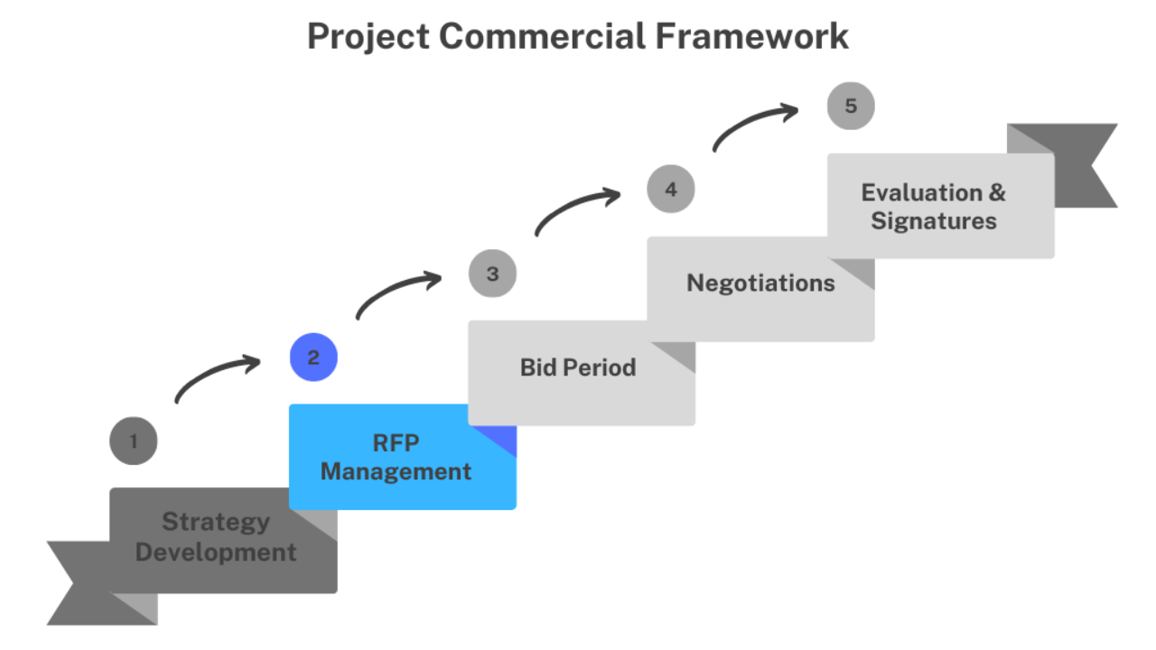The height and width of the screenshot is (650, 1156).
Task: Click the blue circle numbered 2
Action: click(x=313, y=357)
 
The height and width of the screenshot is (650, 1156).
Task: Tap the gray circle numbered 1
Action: click(x=133, y=441)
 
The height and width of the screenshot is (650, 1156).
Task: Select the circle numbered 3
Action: click(x=492, y=274)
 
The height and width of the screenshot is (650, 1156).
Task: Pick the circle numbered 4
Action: click(x=671, y=189)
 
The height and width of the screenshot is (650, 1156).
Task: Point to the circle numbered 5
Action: click(x=851, y=106)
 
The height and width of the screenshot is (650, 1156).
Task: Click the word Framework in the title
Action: click(x=752, y=37)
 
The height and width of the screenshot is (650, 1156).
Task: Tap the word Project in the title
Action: click(x=368, y=38)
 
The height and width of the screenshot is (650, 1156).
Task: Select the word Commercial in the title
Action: click(x=543, y=37)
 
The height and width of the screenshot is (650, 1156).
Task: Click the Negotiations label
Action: click(x=760, y=283)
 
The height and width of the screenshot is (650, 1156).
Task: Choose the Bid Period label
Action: click(x=578, y=367)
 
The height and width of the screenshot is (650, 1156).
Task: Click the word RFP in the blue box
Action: click(x=396, y=443)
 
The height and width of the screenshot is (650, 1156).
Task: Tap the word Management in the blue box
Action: click(x=396, y=472)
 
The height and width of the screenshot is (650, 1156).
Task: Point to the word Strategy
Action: click(x=216, y=522)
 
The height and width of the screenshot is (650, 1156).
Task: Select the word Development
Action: click(x=216, y=552)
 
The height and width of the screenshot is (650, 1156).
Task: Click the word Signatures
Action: click(x=934, y=221)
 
